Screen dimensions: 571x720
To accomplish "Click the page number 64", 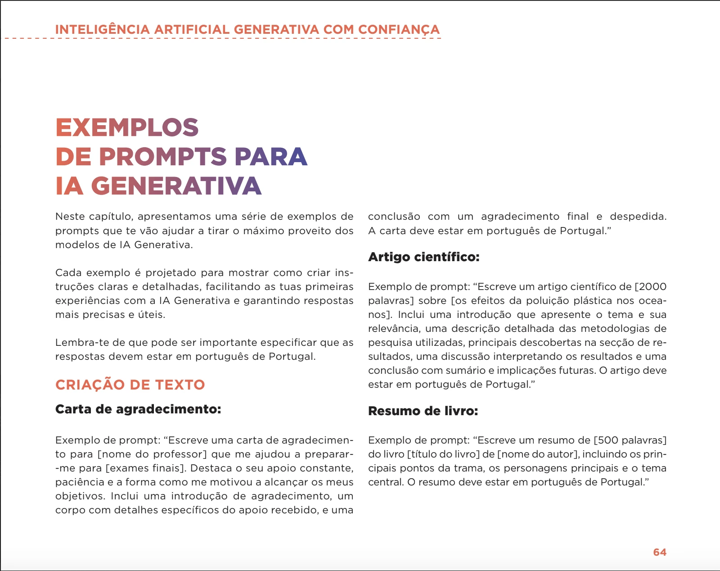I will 659,552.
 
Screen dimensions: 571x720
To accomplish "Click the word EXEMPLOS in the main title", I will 127,127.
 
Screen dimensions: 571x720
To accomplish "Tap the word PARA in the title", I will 270,157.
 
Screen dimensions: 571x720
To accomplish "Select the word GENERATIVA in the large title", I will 176,186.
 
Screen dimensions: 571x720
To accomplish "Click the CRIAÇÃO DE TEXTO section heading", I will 130,385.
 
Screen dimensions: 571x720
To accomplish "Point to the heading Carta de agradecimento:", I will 138,409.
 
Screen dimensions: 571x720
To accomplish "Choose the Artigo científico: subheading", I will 423,257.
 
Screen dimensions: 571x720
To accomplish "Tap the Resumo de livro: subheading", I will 423,411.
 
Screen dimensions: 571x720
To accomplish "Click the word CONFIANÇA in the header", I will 399,30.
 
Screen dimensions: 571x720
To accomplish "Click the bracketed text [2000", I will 650,286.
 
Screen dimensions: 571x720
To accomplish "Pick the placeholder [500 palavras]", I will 630,440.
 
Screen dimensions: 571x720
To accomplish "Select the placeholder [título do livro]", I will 443,454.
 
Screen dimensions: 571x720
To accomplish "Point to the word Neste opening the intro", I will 70,217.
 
